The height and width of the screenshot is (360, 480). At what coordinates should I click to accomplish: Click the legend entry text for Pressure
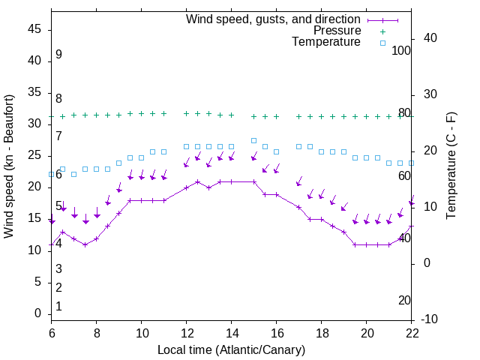[337, 31]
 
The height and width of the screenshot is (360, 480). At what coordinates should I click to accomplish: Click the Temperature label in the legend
[326, 42]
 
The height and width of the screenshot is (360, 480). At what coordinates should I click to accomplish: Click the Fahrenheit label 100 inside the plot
[402, 50]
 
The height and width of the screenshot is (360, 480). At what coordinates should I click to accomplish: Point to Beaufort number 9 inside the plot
[58, 55]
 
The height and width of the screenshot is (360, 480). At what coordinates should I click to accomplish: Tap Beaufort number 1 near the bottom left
[58, 307]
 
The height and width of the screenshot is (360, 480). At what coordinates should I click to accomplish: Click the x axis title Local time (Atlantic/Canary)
[231, 349]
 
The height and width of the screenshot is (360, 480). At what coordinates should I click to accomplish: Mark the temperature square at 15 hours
[254, 140]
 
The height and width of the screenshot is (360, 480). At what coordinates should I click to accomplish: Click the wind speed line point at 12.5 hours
[198, 181]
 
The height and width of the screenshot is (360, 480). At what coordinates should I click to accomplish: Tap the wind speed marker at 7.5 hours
[85, 244]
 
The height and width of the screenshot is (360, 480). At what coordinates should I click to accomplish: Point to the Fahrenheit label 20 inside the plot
[405, 300]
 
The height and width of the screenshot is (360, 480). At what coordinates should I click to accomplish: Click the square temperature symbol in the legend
[382, 43]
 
